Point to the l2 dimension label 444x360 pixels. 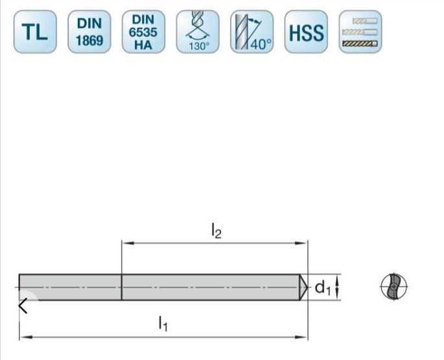point(216,231)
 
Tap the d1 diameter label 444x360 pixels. point(322,287)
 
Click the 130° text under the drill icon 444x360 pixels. point(197,46)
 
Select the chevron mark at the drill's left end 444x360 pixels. point(23,306)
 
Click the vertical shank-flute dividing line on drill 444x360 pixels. point(122,287)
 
